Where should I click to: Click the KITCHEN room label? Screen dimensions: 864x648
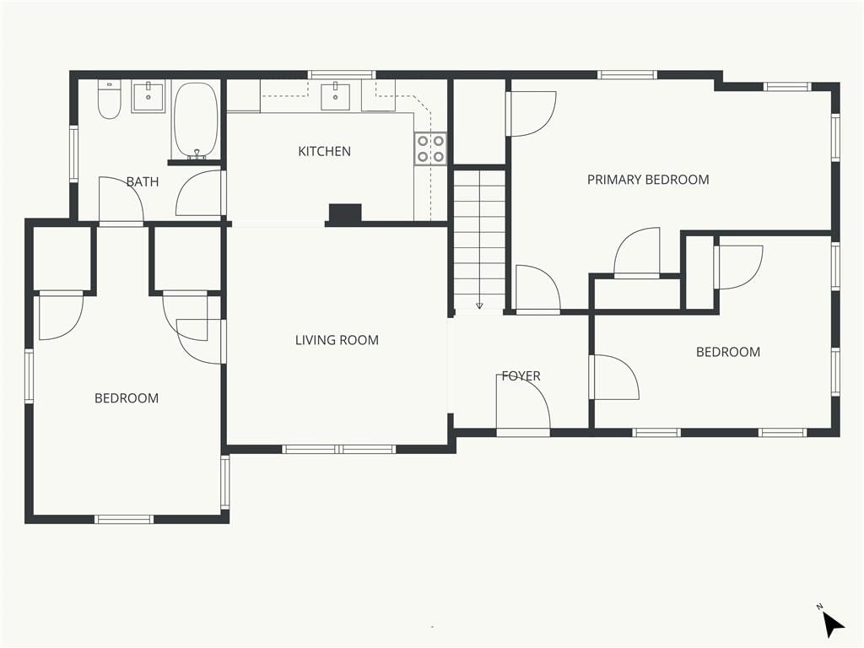(324, 151)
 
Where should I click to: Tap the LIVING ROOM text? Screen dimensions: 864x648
(337, 340)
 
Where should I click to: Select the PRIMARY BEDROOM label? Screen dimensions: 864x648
(648, 180)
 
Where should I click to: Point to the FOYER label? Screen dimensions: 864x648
(521, 375)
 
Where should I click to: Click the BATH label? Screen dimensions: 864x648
(142, 181)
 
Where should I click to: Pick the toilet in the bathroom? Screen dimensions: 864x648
(109, 100)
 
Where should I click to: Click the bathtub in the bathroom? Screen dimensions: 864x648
(196, 121)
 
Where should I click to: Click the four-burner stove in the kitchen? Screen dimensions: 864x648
(430, 148)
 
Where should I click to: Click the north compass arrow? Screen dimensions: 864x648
(833, 624)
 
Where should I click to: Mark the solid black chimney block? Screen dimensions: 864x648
(345, 213)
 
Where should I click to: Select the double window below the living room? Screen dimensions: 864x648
(339, 449)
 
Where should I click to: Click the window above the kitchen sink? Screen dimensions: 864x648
(342, 75)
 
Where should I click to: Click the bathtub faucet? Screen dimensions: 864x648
(196, 155)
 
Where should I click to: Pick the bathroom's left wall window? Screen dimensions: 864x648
(74, 154)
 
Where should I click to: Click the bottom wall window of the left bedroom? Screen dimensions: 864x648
(124, 519)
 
